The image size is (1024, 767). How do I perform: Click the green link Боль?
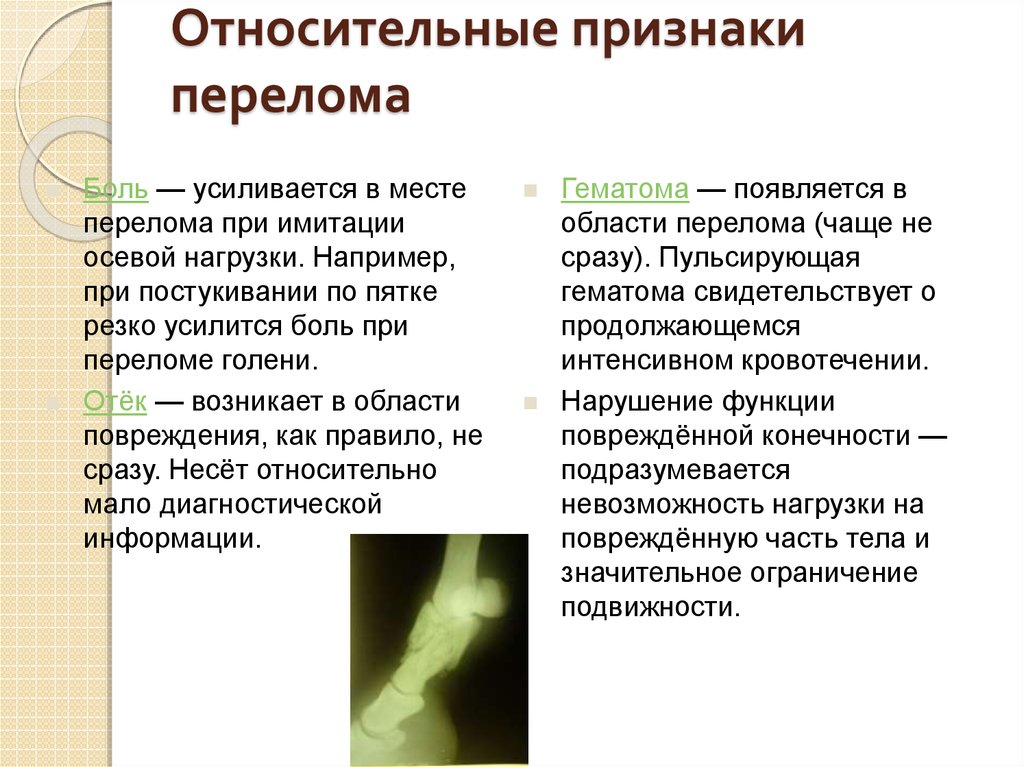(x=116, y=189)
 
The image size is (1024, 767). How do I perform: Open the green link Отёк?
(x=115, y=401)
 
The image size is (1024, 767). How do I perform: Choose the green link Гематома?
(x=624, y=189)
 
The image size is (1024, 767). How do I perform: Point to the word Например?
(x=384, y=258)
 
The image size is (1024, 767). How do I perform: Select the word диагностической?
(x=271, y=505)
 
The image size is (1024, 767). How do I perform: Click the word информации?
(x=172, y=539)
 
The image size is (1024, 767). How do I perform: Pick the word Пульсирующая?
(x=759, y=258)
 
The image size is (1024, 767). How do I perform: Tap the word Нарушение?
(x=627, y=401)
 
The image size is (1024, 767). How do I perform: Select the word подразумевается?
(x=675, y=470)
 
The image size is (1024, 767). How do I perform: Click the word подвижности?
(x=650, y=608)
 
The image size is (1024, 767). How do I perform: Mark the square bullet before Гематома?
(x=530, y=190)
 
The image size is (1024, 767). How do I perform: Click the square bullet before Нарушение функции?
(x=530, y=402)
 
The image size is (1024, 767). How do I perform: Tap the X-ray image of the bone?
(x=439, y=649)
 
